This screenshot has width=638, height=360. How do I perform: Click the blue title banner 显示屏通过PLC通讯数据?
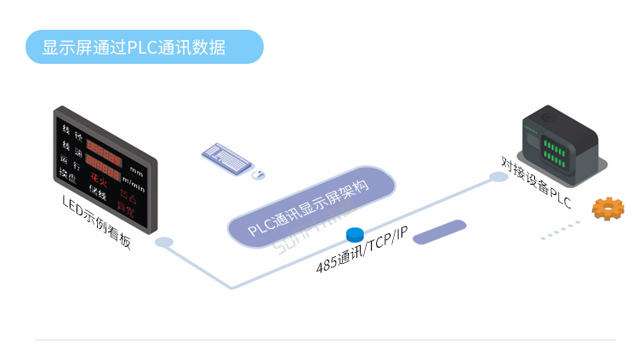[x=144, y=47]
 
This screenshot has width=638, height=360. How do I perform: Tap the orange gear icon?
[x=607, y=209]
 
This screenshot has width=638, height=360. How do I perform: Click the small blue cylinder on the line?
[x=355, y=233]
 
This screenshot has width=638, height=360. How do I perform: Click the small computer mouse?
[x=259, y=174]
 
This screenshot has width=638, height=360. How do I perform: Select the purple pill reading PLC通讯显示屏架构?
[x=310, y=209]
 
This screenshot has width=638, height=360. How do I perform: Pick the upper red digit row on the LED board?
[x=104, y=149]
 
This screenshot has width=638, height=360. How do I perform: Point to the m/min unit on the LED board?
[x=133, y=180]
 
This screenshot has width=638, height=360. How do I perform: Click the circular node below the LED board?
[x=163, y=243]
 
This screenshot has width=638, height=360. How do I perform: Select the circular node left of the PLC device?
[x=498, y=177]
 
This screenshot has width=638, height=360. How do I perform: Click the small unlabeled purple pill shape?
[x=439, y=231]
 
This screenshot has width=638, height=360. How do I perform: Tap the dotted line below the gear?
[x=562, y=230]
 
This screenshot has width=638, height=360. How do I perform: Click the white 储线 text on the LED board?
[x=97, y=195]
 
